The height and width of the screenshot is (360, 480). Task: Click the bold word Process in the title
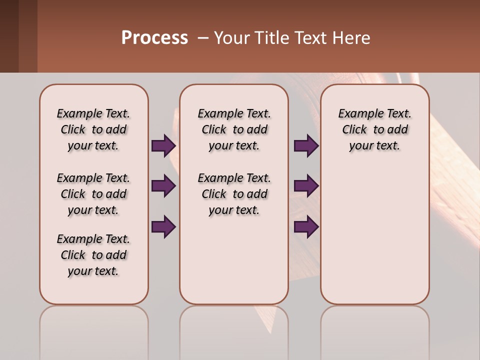coord(154,38)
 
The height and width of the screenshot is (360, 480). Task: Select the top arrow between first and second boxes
coord(163,146)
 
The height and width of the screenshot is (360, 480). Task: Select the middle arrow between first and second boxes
coord(163,186)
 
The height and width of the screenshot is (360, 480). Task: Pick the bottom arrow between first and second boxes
coord(163,227)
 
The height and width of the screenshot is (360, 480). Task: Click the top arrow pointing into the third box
coord(306,146)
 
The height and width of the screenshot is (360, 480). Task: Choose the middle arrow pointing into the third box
coord(306,186)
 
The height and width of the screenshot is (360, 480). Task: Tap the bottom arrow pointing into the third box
coord(306,227)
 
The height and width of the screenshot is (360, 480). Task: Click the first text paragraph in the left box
coord(93,129)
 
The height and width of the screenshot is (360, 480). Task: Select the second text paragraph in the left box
coord(93,194)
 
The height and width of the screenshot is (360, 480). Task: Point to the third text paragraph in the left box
coord(93,255)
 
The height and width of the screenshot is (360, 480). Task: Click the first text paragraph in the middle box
coord(234,129)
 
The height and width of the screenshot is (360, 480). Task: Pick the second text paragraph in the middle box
coord(234,194)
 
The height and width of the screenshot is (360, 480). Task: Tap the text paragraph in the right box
coord(374,129)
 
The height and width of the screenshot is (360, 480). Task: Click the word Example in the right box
coord(357,114)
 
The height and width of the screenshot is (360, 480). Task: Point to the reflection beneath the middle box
coord(234,330)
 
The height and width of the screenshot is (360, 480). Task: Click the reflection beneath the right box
coord(374,330)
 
